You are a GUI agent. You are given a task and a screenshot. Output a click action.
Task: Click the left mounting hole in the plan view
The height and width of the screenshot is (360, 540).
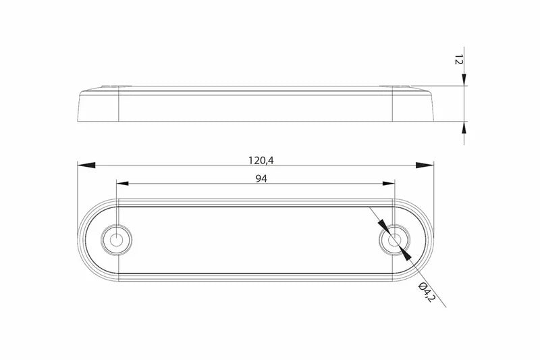[x=117, y=240]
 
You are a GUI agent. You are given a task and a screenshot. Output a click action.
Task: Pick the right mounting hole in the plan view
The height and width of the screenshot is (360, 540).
[x=393, y=240]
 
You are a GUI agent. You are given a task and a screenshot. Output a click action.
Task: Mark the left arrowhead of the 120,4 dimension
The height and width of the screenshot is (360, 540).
[x=84, y=165]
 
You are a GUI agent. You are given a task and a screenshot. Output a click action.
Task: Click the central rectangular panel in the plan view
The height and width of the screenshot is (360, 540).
[x=255, y=240]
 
